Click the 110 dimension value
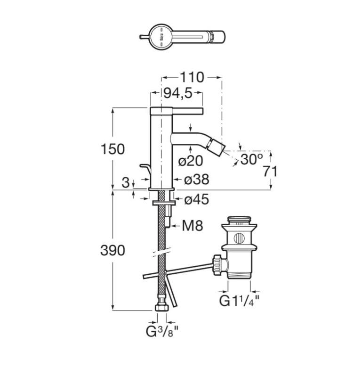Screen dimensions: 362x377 pyautogui.click(x=192, y=77)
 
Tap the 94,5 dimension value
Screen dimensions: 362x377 pyautogui.click(x=178, y=93)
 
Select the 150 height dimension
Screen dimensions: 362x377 pyautogui.click(x=113, y=149)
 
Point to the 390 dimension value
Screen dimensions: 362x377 pyautogui.click(x=113, y=250)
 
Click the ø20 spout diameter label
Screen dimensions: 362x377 pyautogui.click(x=191, y=161)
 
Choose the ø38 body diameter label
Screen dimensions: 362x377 pyautogui.click(x=196, y=180)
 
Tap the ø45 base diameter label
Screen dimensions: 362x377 pyautogui.click(x=196, y=199)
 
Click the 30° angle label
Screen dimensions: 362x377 pyautogui.click(x=251, y=159)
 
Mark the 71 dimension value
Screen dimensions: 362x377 pyautogui.click(x=270, y=172)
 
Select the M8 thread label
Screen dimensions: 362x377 pyautogui.click(x=193, y=226)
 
